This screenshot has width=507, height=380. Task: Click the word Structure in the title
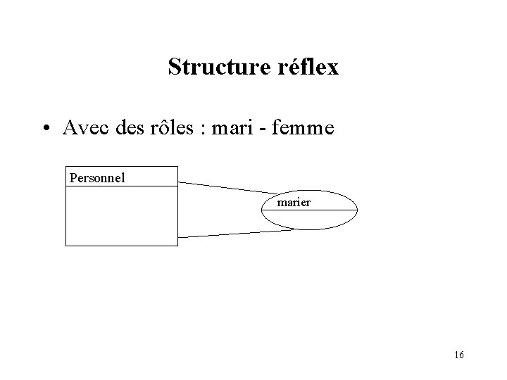coord(215,68)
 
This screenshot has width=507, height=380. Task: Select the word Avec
coord(83,128)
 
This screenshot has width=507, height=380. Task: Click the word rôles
coord(175,128)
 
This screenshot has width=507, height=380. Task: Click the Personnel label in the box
coord(97,177)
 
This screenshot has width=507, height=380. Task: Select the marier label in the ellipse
coord(294,203)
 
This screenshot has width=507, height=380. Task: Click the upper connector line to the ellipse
coord(225,188)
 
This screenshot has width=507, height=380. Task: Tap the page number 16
coord(458,355)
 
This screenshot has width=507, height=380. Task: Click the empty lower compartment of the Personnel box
coord(121,216)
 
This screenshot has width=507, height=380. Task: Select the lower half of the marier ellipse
coord(310,220)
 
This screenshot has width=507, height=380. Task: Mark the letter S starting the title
coord(175,68)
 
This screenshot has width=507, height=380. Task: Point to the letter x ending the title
coord(332,68)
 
